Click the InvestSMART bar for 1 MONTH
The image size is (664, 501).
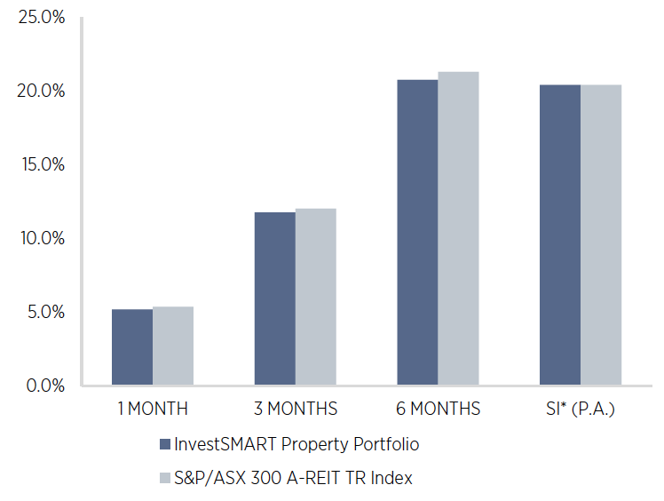pyautogui.click(x=131, y=347)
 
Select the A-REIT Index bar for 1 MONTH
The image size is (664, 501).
pyautogui.click(x=173, y=346)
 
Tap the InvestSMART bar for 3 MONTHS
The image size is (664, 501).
pyautogui.click(x=274, y=299)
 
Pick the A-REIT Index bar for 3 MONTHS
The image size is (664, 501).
pyautogui.click(x=316, y=298)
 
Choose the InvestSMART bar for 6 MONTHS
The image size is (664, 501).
pyautogui.click(x=417, y=233)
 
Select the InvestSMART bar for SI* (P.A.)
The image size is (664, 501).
pyautogui.click(x=560, y=235)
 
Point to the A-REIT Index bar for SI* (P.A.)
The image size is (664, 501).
pyautogui.click(x=601, y=235)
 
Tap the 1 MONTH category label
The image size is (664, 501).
pyautogui.click(x=153, y=410)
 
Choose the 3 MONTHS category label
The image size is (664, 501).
pyautogui.click(x=296, y=410)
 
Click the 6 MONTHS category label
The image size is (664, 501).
pyautogui.click(x=439, y=410)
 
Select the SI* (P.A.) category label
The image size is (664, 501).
pyautogui.click(x=581, y=410)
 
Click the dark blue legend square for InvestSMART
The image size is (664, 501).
pyautogui.click(x=164, y=444)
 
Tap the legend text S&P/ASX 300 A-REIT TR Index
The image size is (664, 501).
pyautogui.click(x=293, y=478)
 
